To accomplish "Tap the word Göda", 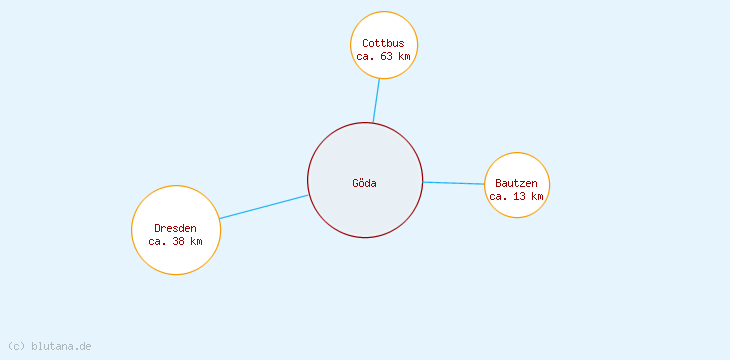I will tap(364, 183).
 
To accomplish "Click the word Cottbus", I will tap(383, 43).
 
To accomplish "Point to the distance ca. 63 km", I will tap(383, 56).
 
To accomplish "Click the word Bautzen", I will tap(516, 183).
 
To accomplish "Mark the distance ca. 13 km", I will tap(516, 196).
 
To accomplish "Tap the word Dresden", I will tap(175, 228).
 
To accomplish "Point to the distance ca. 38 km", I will tap(175, 241).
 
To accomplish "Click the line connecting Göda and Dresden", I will tap(264, 206).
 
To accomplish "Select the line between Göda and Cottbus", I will tap(376, 100).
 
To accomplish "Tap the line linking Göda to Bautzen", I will tap(454, 183).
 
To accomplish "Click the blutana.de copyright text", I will tap(60, 346).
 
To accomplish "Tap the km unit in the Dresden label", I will tap(196, 241).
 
